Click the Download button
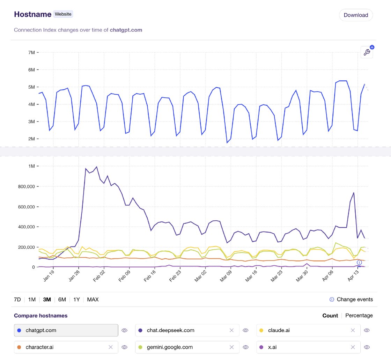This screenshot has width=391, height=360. [x=356, y=15]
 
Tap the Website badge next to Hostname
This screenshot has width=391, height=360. [x=63, y=14]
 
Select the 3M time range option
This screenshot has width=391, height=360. [x=47, y=299]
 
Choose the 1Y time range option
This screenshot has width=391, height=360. [x=76, y=299]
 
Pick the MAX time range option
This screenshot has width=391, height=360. [x=93, y=299]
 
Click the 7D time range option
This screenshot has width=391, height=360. [x=17, y=299]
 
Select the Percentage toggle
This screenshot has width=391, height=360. [x=359, y=315]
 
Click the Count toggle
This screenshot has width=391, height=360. [x=330, y=315]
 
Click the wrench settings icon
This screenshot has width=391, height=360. [x=367, y=52]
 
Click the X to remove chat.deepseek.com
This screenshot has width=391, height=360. [x=231, y=330]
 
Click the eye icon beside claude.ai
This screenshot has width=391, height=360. [x=367, y=330]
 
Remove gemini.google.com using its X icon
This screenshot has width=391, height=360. [x=231, y=347]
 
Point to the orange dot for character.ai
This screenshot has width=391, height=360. [x=19, y=347]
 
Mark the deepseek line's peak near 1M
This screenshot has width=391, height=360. [x=96, y=167]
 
